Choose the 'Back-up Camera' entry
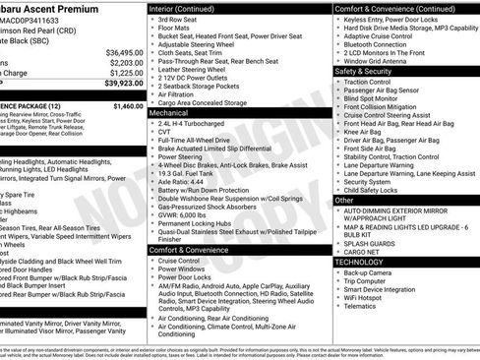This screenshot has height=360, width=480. pyautogui.click(x=373, y=272)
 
